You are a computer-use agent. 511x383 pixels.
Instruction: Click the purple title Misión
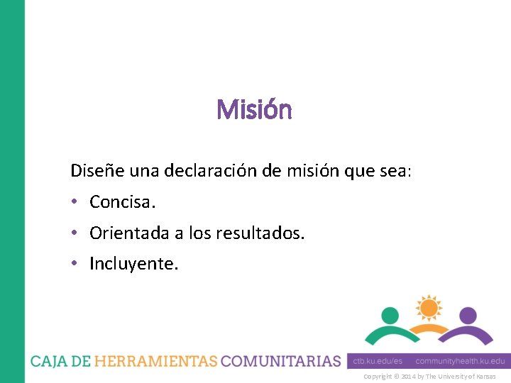[254, 110]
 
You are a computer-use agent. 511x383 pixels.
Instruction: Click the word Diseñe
[93, 171]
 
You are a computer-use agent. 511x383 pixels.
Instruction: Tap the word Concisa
[122, 202]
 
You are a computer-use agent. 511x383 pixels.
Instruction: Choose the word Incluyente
[134, 264]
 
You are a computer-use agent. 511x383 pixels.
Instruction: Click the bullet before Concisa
[75, 202]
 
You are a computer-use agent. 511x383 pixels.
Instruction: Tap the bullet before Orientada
[75, 233]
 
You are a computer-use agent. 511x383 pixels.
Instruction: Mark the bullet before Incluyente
[75, 264]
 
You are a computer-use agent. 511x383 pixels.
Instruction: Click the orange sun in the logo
[429, 307]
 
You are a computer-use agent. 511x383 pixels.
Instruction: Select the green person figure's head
[390, 315]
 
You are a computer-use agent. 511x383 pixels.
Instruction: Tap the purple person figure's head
[468, 315]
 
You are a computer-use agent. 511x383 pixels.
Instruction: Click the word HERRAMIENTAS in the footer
[156, 361]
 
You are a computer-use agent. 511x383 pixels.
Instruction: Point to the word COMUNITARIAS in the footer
[281, 361]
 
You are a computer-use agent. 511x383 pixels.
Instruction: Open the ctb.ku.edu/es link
[378, 361]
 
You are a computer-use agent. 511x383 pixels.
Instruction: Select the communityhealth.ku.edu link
[460, 361]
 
